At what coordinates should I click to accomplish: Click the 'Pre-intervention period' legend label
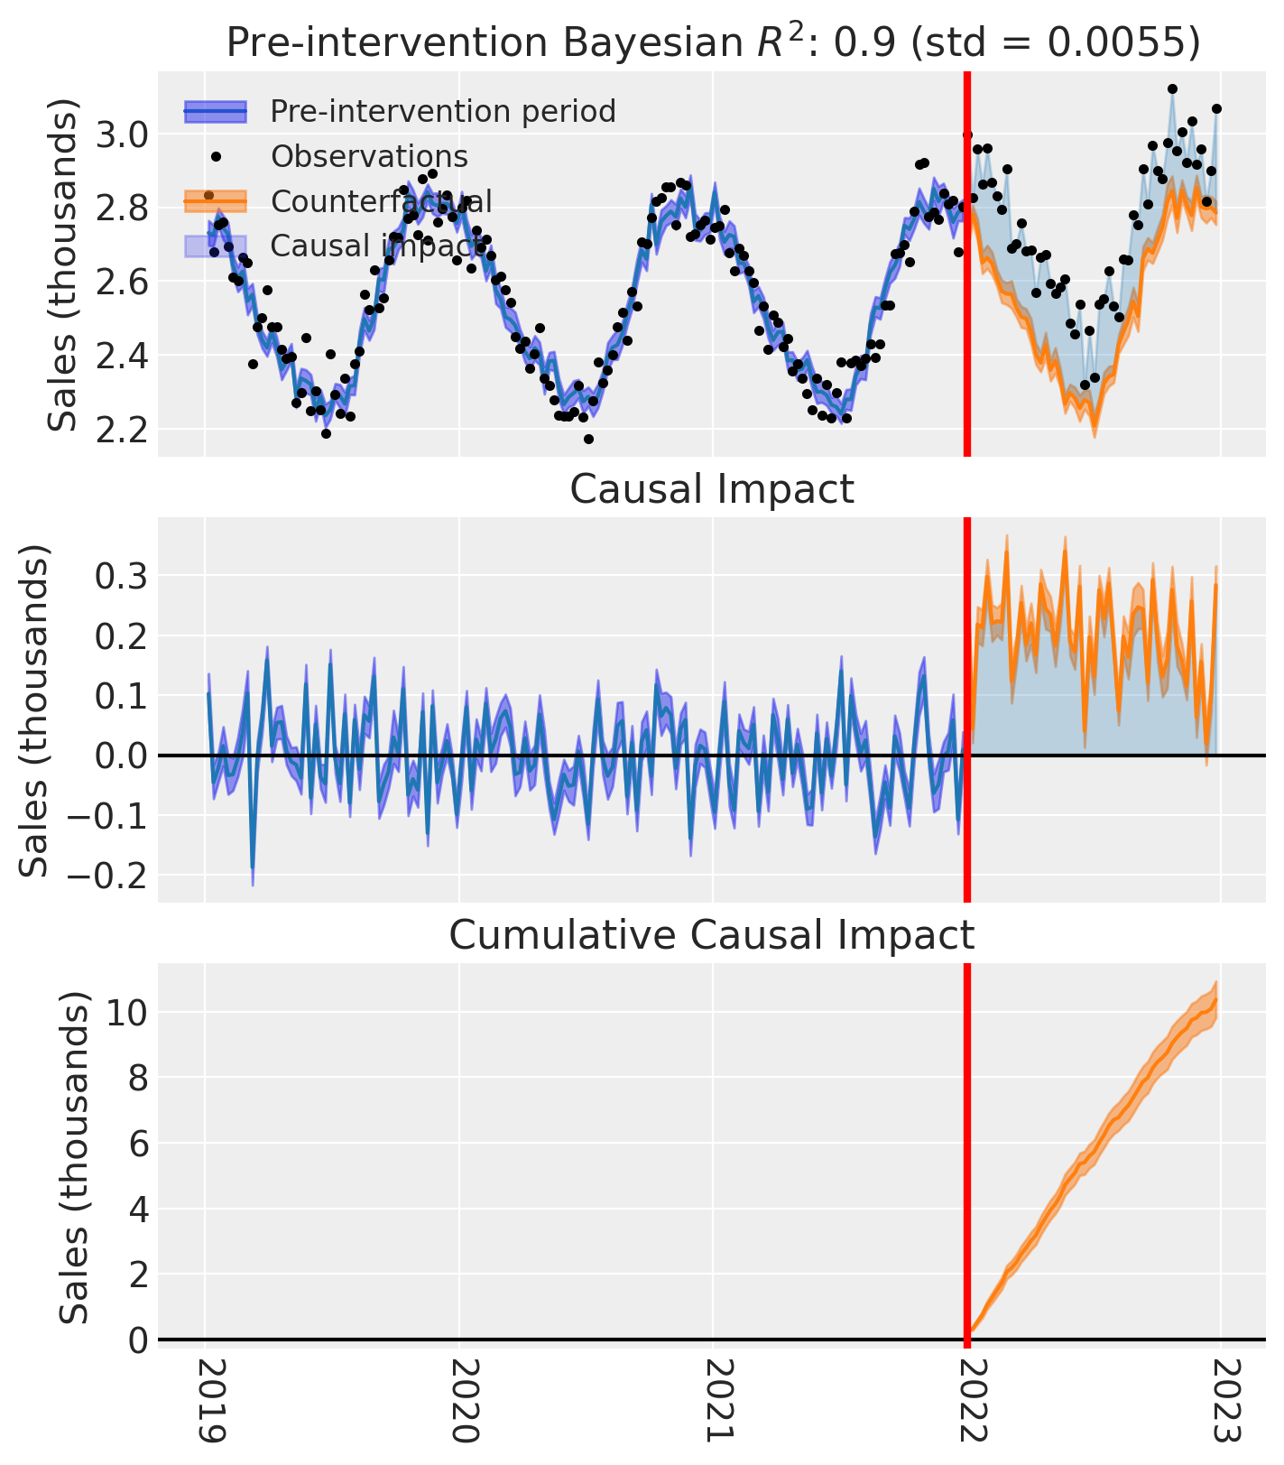(x=442, y=111)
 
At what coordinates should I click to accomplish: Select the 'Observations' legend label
(x=369, y=156)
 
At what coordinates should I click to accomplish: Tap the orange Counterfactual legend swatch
(x=215, y=200)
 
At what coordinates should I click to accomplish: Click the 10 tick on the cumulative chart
(x=127, y=1013)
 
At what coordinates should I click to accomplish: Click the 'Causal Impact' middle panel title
(x=711, y=489)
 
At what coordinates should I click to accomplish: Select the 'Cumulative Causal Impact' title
(x=711, y=935)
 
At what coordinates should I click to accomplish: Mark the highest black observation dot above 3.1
(x=1172, y=88)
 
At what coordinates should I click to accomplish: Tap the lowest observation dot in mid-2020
(x=588, y=439)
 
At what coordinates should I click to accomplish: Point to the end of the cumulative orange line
(x=1215, y=998)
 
